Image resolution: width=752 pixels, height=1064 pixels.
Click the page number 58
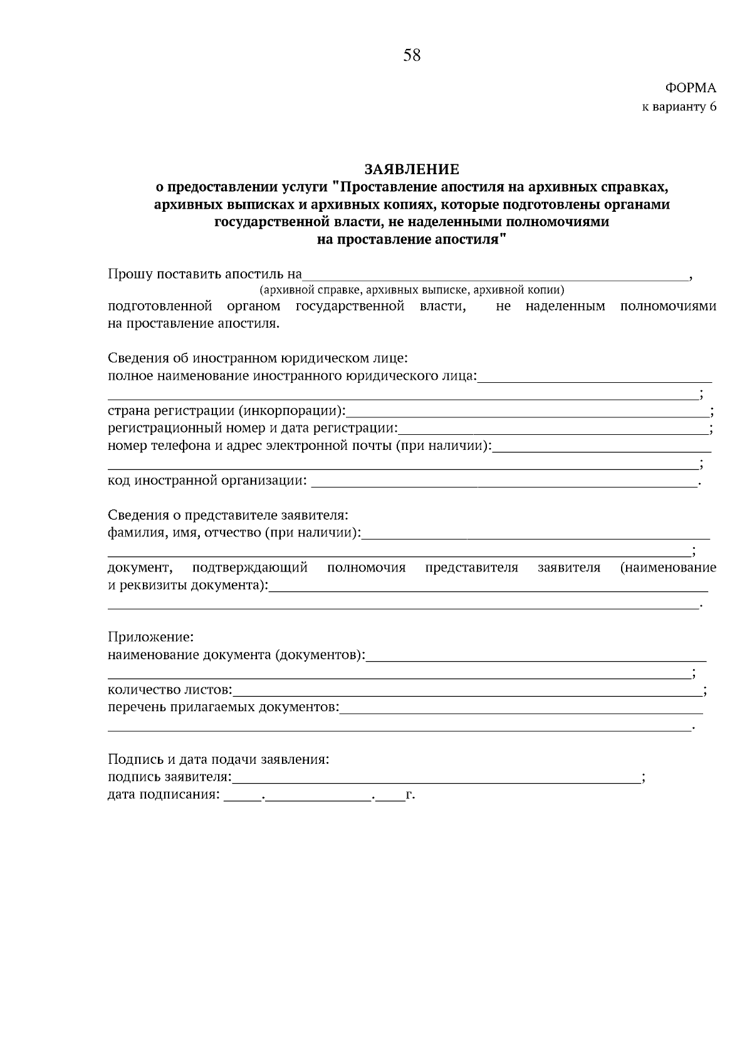412,56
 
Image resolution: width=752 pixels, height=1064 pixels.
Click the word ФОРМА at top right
690,88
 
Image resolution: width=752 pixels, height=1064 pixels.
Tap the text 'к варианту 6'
679,107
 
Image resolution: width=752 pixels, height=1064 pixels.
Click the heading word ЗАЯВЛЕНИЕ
412,169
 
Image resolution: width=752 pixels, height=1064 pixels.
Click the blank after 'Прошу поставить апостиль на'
495,274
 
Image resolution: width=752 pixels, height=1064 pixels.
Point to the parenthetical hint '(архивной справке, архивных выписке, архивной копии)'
412,290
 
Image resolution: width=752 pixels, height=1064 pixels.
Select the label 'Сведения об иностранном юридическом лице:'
258,358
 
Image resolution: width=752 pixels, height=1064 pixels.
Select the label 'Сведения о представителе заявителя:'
228,515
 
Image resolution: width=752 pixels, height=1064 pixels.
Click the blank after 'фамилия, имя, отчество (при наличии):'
536,533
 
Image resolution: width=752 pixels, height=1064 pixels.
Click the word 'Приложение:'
151,637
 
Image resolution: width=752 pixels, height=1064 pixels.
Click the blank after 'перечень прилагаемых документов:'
520,708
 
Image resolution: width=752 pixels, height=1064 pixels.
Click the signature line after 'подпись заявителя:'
436,778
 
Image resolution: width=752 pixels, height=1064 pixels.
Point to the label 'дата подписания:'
164,796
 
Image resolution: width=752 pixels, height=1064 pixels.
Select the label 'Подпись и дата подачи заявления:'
218,760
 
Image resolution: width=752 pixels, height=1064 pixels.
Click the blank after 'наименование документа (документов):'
536,655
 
